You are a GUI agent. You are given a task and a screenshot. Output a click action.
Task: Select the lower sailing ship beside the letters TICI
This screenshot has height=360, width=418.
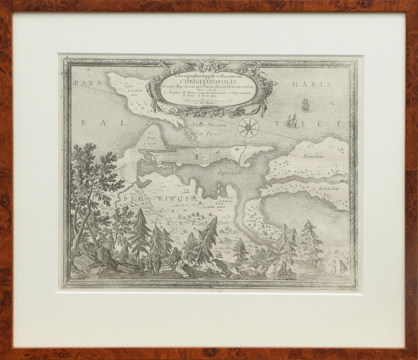(293, 120)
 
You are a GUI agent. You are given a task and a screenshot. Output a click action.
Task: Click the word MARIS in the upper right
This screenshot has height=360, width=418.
(311, 85)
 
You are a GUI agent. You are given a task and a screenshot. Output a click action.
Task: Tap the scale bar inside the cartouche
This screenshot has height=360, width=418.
(208, 101)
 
